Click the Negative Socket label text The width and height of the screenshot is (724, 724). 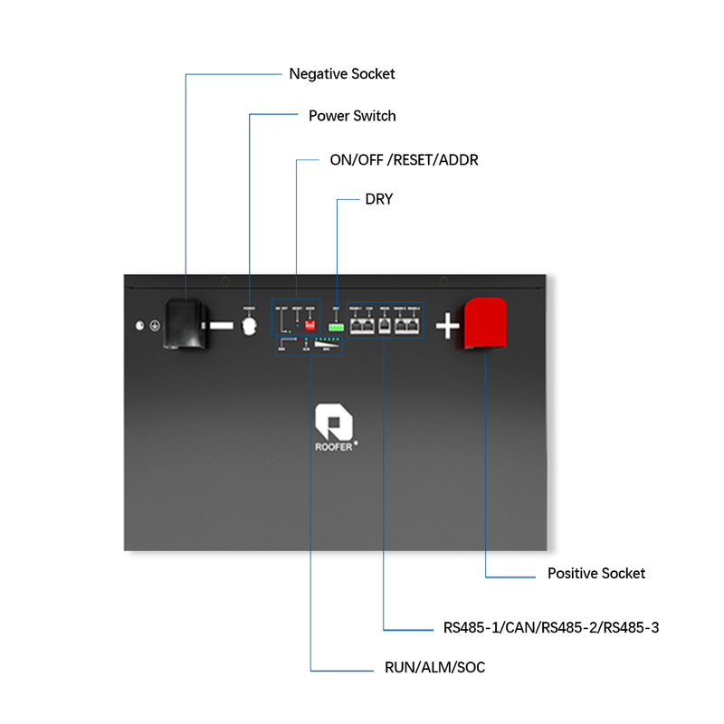click(341, 74)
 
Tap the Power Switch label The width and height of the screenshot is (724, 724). click(352, 116)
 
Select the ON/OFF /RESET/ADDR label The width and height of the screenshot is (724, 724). click(404, 160)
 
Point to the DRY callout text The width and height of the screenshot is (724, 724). click(378, 199)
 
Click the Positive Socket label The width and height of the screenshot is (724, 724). click(596, 574)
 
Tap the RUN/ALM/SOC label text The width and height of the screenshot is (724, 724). click(434, 668)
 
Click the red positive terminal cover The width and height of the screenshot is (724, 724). click(485, 325)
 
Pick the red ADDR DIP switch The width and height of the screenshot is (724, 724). click(310, 323)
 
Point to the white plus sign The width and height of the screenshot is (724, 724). click(448, 326)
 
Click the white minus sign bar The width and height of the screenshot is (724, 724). click(219, 325)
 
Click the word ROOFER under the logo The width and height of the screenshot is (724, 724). click(331, 444)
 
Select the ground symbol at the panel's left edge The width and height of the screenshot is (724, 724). click(155, 325)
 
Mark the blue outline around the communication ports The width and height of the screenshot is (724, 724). click(384, 300)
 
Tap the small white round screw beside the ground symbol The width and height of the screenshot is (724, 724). click(140, 325)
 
